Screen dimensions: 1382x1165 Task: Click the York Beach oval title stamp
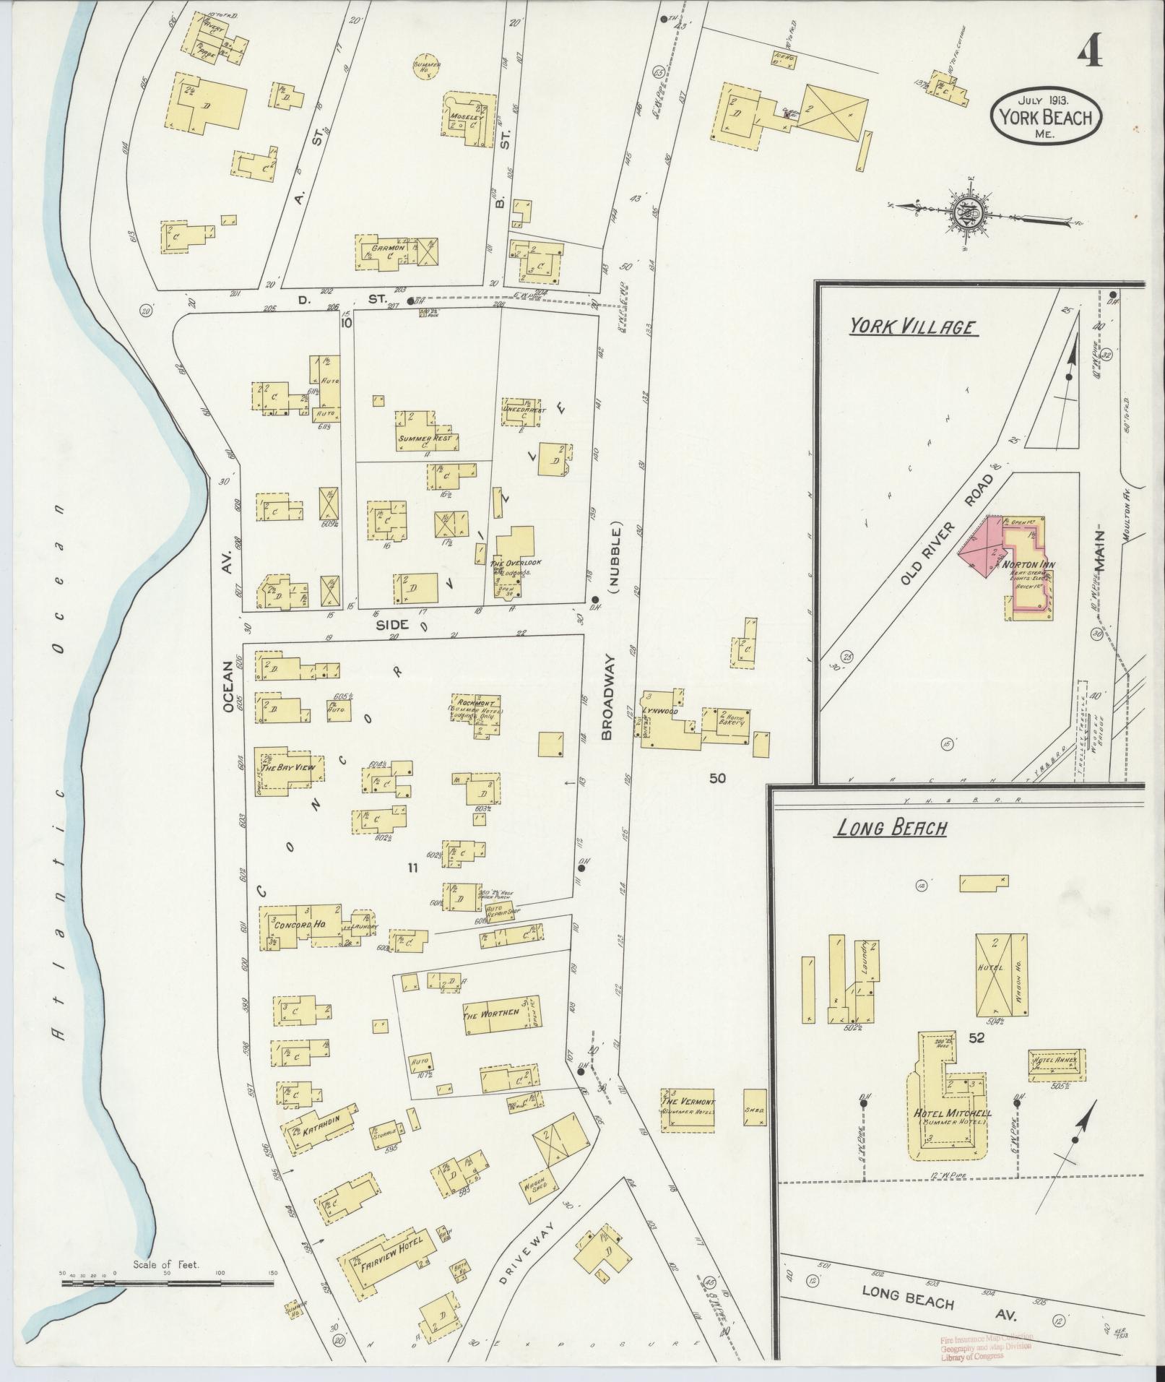coord(1044,116)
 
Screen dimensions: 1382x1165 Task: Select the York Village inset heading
coord(911,327)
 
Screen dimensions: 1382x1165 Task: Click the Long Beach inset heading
coord(890,828)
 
